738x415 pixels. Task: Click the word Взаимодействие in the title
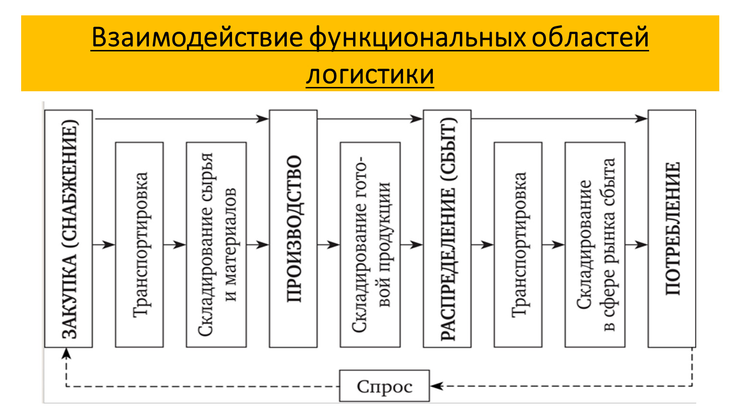[x=197, y=37]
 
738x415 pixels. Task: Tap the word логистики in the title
[x=369, y=75]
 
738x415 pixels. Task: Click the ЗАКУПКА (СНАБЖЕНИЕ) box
[x=68, y=229]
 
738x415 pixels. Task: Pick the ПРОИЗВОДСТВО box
[x=293, y=229]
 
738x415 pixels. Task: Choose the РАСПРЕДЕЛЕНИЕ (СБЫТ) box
[x=447, y=229]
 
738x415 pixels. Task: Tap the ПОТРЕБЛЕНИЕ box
[x=672, y=229]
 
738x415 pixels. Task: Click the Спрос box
[x=384, y=386]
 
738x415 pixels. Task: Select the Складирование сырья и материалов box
[x=216, y=244]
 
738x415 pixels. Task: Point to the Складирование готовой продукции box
[x=370, y=244]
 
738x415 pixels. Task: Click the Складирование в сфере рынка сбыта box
[x=595, y=244]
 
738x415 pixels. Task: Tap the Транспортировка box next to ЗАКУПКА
[x=139, y=244]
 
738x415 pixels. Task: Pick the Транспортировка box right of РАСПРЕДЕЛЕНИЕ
[x=518, y=244]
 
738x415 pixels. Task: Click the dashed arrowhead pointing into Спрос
[x=435, y=386]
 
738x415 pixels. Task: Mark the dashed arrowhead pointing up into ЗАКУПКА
[x=66, y=354]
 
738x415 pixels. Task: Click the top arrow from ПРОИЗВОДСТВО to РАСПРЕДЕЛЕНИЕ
[x=370, y=118]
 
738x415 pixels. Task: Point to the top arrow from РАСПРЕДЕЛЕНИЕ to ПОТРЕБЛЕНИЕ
[x=559, y=118]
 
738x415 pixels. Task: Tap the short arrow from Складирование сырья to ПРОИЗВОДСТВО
[x=258, y=244]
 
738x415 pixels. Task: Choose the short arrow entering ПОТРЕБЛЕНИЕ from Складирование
[x=636, y=244]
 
